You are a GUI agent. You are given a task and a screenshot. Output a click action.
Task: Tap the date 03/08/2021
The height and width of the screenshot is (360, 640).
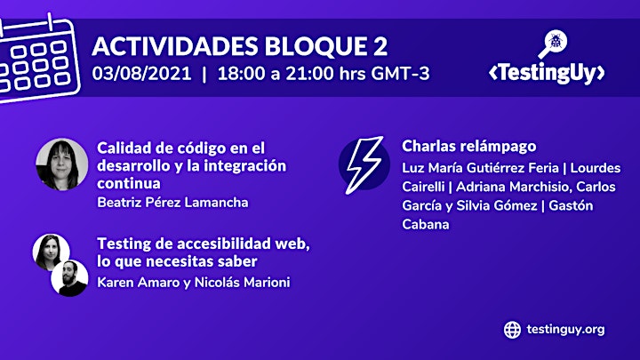tap(141, 74)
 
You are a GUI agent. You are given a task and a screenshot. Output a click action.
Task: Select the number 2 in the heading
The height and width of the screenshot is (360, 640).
tap(380, 46)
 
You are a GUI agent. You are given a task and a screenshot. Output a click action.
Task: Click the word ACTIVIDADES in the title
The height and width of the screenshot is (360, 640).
tap(175, 46)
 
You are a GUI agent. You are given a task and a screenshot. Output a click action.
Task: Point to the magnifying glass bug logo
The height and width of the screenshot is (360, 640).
tap(553, 44)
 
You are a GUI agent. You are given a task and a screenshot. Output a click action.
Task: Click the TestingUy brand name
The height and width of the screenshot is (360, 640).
tap(547, 73)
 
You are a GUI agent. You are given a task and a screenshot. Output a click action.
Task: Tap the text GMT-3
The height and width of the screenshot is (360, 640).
tap(400, 74)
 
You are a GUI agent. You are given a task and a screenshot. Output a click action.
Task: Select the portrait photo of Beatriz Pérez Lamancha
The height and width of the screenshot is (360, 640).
tap(62, 164)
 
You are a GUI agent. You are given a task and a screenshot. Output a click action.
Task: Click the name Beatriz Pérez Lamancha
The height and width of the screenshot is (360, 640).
tap(172, 203)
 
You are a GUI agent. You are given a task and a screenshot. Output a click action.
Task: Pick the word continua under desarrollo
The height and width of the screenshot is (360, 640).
tap(129, 183)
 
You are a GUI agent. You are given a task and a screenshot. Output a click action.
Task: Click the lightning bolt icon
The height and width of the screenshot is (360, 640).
tap(364, 164)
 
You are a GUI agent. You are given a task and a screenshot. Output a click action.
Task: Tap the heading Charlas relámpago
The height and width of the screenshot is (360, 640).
tap(469, 147)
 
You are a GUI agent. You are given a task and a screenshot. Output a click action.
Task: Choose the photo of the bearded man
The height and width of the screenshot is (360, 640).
tap(69, 278)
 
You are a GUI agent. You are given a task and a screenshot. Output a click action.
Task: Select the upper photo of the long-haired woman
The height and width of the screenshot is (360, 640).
tap(51, 252)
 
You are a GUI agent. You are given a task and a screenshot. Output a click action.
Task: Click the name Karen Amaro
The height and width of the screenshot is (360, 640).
tap(139, 283)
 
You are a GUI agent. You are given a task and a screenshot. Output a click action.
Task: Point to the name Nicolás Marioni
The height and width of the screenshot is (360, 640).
tap(242, 283)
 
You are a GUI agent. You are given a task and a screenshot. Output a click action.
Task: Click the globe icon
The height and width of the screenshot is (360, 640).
tap(512, 330)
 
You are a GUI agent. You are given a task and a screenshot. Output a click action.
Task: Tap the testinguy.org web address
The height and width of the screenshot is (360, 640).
tap(565, 330)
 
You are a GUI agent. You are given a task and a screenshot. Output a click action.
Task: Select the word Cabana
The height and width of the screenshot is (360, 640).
tap(426, 225)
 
